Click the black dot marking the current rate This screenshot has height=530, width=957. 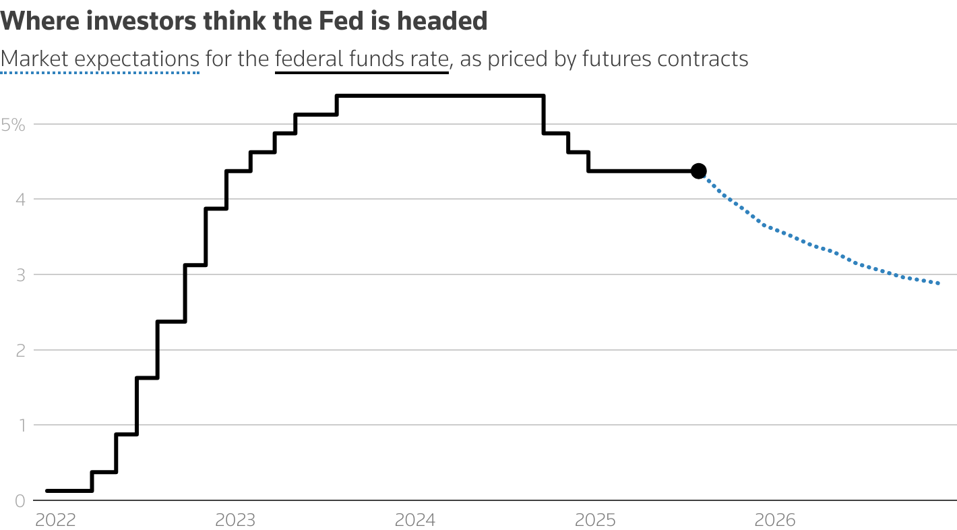click(699, 171)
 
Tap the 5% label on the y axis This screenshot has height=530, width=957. click(13, 125)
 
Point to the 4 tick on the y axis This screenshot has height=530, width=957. click(20, 200)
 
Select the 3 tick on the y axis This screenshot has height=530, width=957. click(20, 275)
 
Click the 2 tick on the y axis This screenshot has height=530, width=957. click(20, 351)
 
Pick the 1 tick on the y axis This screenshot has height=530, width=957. click(20, 425)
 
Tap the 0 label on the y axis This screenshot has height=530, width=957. click(20, 501)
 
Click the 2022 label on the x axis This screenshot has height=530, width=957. click(55, 520)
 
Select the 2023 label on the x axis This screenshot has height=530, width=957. click(235, 520)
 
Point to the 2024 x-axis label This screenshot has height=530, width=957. click(414, 520)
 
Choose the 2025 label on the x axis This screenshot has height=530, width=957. click(594, 520)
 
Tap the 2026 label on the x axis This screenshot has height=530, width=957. click(774, 520)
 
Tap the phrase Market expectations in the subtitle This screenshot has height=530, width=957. click(100, 59)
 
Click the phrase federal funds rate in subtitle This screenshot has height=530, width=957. click(361, 59)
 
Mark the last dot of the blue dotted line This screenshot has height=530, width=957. click(938, 283)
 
